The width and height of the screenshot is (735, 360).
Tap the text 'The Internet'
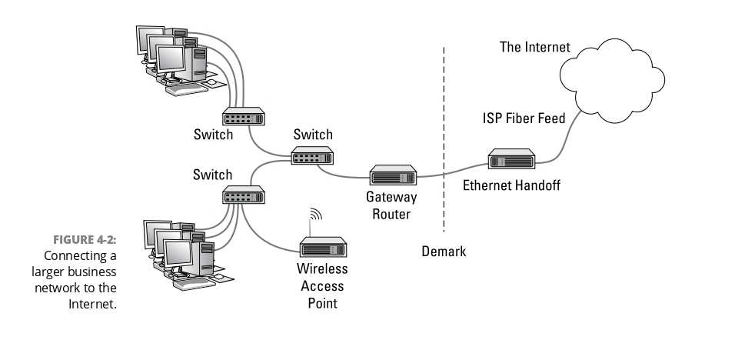[535, 48]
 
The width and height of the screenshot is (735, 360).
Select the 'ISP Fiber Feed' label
[524, 118]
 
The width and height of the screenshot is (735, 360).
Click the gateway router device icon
[392, 176]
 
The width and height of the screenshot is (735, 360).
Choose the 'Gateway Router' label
[391, 206]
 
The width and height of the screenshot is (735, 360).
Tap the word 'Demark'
[444, 252]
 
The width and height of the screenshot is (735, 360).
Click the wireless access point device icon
[322, 247]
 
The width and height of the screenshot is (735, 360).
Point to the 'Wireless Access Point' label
[322, 286]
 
